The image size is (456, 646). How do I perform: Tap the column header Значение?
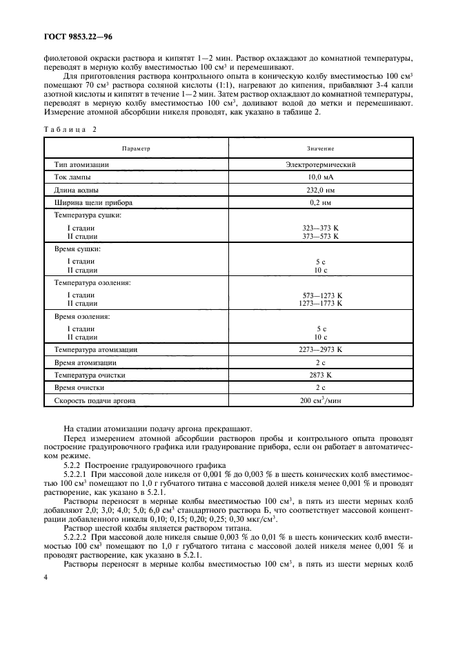[320, 148]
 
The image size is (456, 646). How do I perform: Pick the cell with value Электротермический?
[320, 165]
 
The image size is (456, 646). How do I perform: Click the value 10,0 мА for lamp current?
[320, 177]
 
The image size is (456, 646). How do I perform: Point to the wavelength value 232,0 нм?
[320, 190]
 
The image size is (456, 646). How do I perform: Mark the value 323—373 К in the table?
[320, 228]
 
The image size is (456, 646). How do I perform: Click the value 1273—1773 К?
[320, 303]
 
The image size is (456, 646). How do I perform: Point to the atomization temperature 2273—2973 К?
[320, 350]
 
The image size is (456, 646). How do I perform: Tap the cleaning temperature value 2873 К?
[320, 375]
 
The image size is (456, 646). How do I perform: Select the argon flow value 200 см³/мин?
[320, 400]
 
